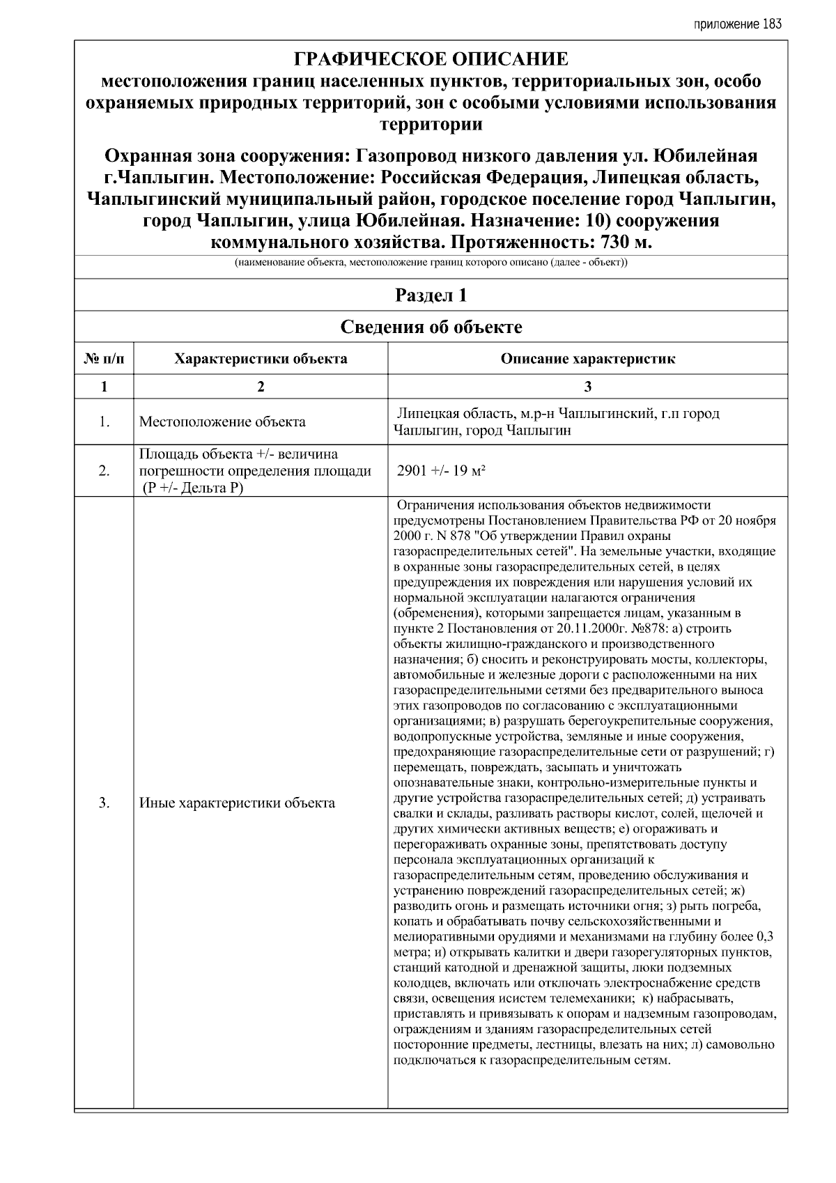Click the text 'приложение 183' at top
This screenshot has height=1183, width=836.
(738, 24)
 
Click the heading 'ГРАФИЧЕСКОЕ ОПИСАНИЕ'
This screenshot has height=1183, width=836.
(431, 59)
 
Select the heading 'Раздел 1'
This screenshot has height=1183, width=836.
(431, 295)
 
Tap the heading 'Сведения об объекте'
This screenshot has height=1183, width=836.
(431, 327)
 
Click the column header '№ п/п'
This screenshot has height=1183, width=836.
(104, 359)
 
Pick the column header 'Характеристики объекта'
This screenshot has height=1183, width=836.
(261, 359)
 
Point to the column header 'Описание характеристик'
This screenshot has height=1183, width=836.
(587, 359)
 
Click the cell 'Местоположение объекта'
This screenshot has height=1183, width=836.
(222, 422)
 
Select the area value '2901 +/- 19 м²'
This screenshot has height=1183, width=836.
(440, 470)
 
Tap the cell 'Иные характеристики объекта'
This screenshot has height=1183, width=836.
(237, 803)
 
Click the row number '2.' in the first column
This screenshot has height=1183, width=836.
(104, 471)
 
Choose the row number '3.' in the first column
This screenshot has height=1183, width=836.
(104, 803)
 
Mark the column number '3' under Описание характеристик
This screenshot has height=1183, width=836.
(587, 387)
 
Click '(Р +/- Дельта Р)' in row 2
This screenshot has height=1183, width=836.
(192, 488)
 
